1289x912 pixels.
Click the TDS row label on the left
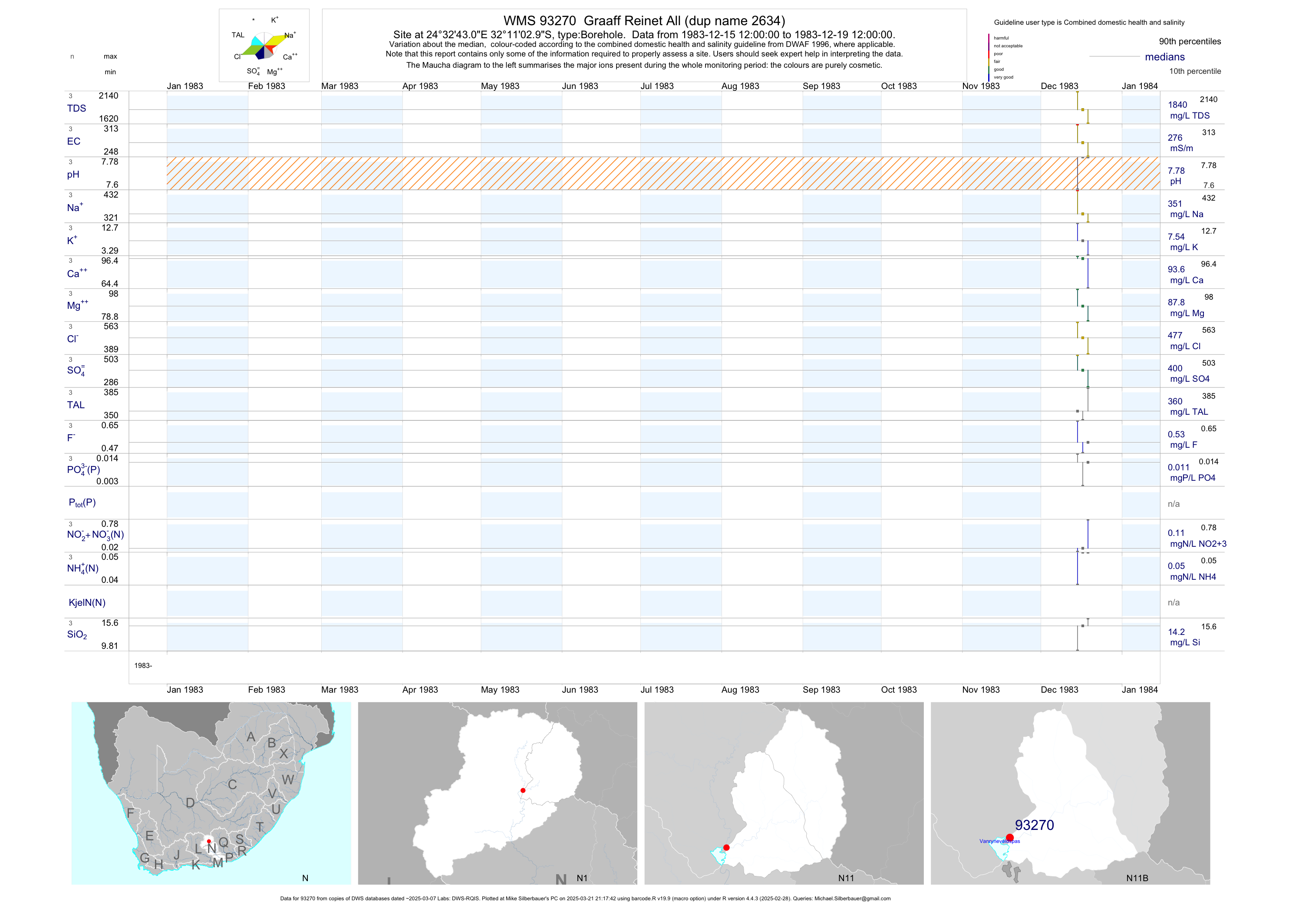(x=76, y=109)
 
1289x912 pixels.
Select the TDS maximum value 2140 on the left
(x=109, y=96)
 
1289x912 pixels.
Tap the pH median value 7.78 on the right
(x=1176, y=171)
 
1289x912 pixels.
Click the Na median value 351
(x=1174, y=204)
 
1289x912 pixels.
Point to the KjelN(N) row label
(x=86, y=603)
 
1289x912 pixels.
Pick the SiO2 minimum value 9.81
(x=109, y=646)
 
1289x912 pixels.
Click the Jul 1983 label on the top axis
(x=657, y=86)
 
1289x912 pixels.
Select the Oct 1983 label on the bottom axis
(x=898, y=690)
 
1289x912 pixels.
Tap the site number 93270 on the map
(x=1034, y=825)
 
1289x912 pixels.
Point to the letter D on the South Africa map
(x=190, y=803)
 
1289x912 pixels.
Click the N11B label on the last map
(x=1137, y=878)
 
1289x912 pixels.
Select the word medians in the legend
(x=1164, y=57)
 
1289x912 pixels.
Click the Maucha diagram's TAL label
(x=238, y=35)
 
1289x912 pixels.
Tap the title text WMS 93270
(x=539, y=21)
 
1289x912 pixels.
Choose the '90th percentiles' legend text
(x=1190, y=42)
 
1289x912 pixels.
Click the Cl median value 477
(x=1174, y=335)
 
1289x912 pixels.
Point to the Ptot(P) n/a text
(x=1174, y=504)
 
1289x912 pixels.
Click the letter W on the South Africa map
(x=288, y=780)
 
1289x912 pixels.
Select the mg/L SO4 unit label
(x=1189, y=379)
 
